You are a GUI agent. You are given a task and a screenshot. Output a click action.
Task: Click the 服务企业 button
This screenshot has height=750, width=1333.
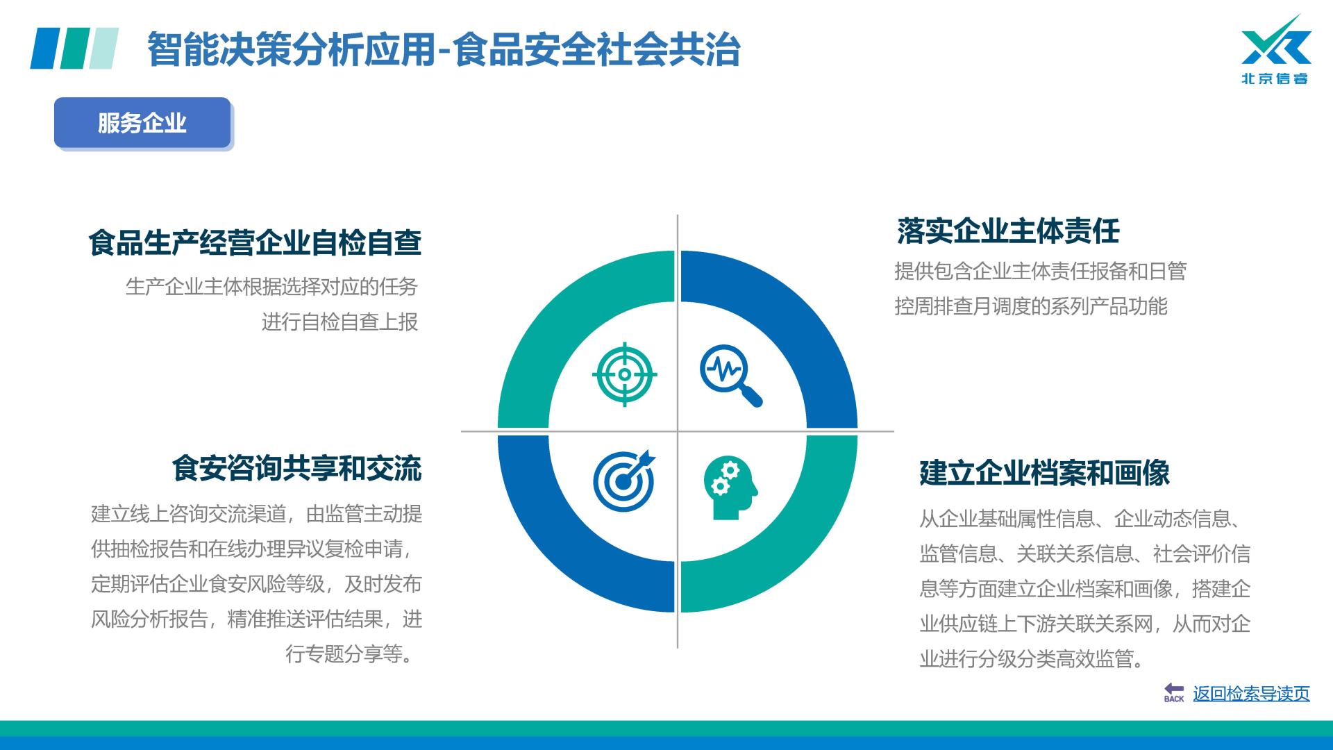coord(142,123)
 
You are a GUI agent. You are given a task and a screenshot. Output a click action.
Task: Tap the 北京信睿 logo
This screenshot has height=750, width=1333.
coord(1275,50)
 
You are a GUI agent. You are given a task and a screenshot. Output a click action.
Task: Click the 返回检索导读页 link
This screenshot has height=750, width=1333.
coord(1251,693)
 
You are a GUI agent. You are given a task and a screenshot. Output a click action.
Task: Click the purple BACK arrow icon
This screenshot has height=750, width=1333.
coord(1174,692)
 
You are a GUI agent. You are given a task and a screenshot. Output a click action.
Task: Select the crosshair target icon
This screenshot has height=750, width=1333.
coord(624,374)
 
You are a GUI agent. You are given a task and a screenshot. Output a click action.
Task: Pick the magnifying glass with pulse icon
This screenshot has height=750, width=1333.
coord(731,376)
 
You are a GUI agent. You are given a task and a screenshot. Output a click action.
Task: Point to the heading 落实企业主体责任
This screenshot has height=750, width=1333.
coord(1008,231)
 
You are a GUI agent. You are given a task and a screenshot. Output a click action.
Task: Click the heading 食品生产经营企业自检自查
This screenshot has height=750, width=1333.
coord(255,243)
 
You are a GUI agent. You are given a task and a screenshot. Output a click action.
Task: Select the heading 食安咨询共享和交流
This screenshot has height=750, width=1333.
coord(296,468)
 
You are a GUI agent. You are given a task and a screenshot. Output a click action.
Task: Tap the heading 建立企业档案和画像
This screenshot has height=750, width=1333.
coord(1044,473)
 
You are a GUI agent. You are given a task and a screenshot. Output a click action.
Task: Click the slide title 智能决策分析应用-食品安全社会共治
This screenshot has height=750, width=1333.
coord(444,49)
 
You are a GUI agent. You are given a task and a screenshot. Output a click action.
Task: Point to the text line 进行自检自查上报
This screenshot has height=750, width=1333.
coord(339,322)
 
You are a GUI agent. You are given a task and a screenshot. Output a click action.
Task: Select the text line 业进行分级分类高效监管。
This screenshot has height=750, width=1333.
coord(1032,658)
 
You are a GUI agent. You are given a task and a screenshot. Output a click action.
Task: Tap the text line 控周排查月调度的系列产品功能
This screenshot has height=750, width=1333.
coord(1031,306)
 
